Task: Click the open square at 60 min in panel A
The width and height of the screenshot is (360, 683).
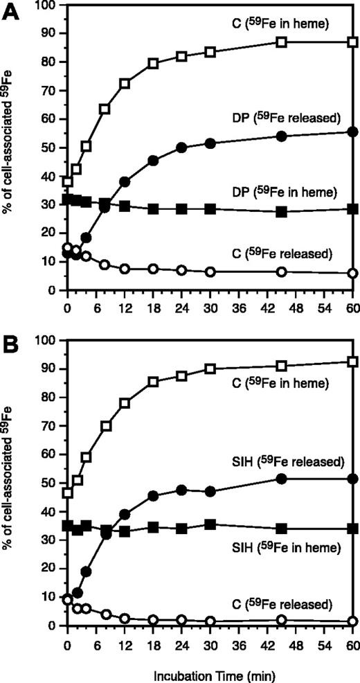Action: (x=352, y=42)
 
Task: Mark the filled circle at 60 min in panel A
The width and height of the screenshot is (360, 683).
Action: (x=352, y=132)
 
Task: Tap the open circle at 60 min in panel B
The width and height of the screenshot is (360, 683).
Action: (x=352, y=621)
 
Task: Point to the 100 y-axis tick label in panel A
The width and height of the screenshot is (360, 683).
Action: (x=46, y=6)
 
